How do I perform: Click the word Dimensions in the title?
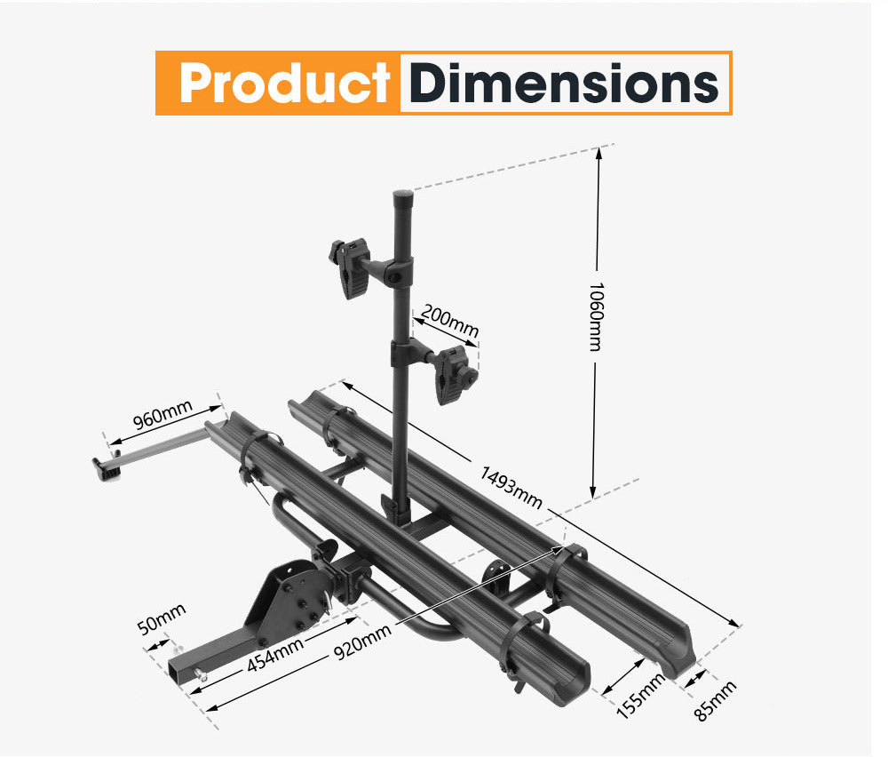(565, 84)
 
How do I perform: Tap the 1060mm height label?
(596, 316)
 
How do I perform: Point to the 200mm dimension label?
(449, 323)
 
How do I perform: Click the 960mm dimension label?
(163, 417)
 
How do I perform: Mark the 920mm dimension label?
(362, 641)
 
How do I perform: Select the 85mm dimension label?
(715, 701)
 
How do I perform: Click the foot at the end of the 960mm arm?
(105, 467)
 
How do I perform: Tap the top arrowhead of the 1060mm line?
(599, 152)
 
